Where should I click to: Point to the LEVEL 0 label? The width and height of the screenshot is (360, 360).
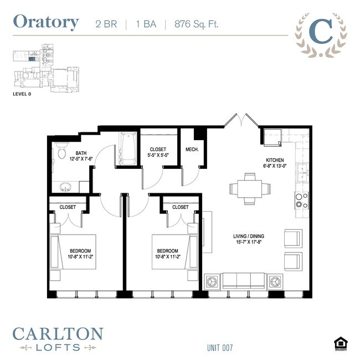(24, 94)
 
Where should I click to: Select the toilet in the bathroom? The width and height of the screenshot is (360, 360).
(61, 152)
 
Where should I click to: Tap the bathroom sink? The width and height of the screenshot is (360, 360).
(65, 186)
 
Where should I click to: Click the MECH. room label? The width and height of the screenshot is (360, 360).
(192, 150)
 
